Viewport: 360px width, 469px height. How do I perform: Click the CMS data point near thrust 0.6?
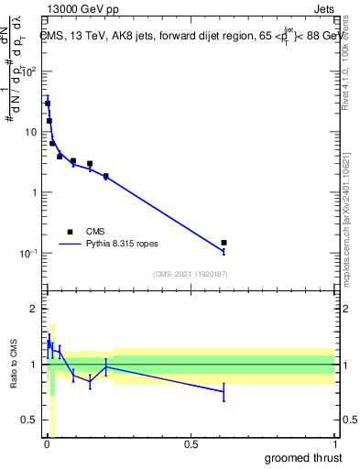224,243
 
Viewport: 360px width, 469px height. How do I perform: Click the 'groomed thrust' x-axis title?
303,457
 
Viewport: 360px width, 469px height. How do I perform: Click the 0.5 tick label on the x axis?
191,445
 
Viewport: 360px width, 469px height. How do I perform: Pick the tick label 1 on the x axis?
334,445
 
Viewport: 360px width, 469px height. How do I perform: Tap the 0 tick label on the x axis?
47,445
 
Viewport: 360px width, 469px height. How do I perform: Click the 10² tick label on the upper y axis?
28,71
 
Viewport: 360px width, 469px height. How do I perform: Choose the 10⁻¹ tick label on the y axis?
27,253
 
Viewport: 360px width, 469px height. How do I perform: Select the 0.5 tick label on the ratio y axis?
27,420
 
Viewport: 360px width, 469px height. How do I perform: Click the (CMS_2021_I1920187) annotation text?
190,274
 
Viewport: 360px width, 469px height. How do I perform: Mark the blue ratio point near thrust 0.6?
224,392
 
